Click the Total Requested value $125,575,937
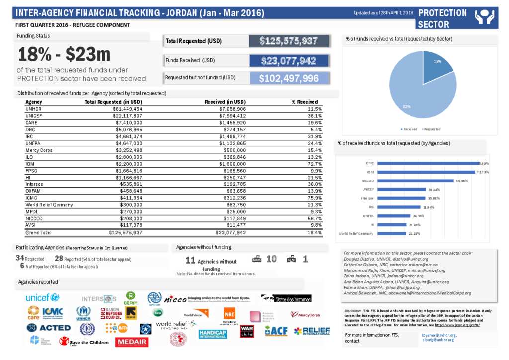pos(289,41)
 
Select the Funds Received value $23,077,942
pos(289,61)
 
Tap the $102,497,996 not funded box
pos(289,79)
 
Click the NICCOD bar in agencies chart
pos(415,181)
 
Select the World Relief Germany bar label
pos(356,233)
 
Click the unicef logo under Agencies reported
pos(42,297)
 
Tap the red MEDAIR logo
pos(132,342)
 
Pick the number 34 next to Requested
pos(20,258)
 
